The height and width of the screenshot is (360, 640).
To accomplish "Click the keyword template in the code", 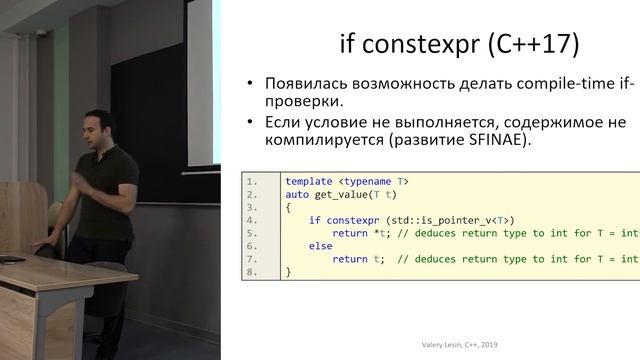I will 308,181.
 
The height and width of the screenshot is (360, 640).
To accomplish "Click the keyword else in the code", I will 320,246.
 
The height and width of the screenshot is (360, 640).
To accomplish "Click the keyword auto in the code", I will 297,194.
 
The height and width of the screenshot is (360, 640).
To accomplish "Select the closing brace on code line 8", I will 288,272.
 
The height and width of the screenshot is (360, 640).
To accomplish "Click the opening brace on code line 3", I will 288,207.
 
